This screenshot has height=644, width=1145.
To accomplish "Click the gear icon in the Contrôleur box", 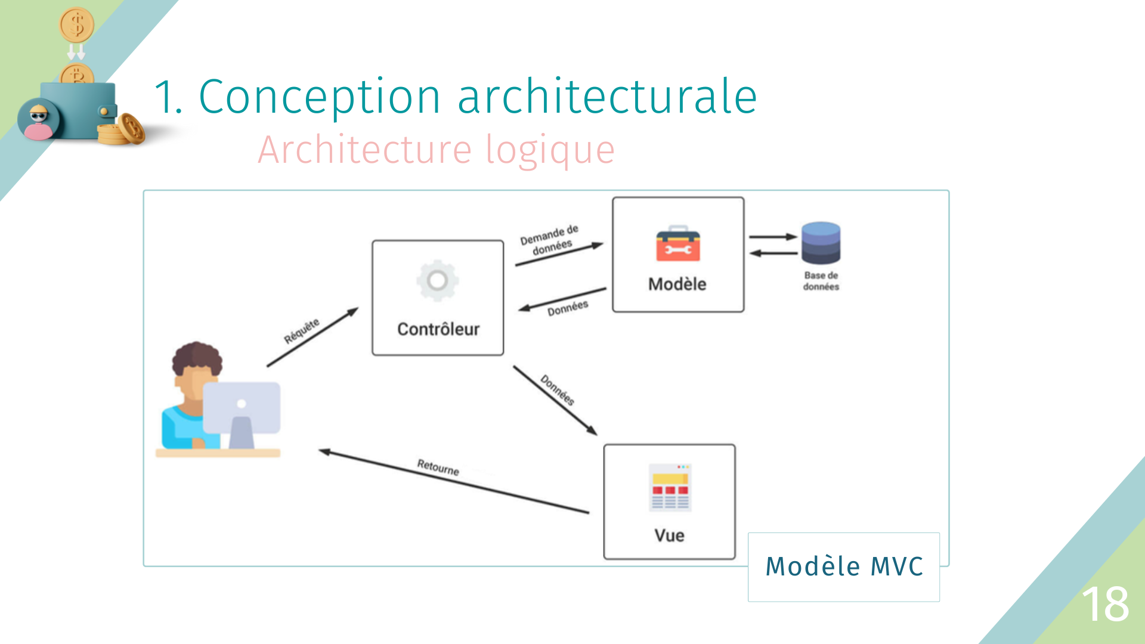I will pos(437,280).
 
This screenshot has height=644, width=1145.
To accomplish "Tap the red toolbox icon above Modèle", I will pos(677,244).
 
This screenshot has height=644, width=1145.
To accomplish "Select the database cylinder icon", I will pos(821,243).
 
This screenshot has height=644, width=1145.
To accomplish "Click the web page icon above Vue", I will pos(670,487).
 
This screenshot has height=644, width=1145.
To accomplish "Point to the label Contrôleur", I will pos(438,329).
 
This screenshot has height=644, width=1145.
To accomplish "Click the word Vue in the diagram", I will pos(669,535).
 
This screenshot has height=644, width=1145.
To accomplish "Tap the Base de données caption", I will pos(821,281).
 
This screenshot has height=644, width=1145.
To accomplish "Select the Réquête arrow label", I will pos(302,331).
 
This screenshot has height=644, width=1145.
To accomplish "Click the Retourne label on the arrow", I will pos(438,467).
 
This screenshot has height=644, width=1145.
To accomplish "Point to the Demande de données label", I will pos(549,239).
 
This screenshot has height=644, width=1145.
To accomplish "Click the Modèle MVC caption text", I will pos(844,566).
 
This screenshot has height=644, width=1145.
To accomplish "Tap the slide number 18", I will pos(1105,604).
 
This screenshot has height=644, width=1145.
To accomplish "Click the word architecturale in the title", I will pos(606,97).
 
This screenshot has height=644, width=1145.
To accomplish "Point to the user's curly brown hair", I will pos(197,356).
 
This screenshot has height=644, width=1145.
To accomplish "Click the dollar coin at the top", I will pos(76,25).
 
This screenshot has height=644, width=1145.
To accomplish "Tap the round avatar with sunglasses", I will pos(39,119).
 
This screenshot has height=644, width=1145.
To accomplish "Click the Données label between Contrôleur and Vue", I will pos(558,390).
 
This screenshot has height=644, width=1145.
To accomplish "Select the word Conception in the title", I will pos(319,97).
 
